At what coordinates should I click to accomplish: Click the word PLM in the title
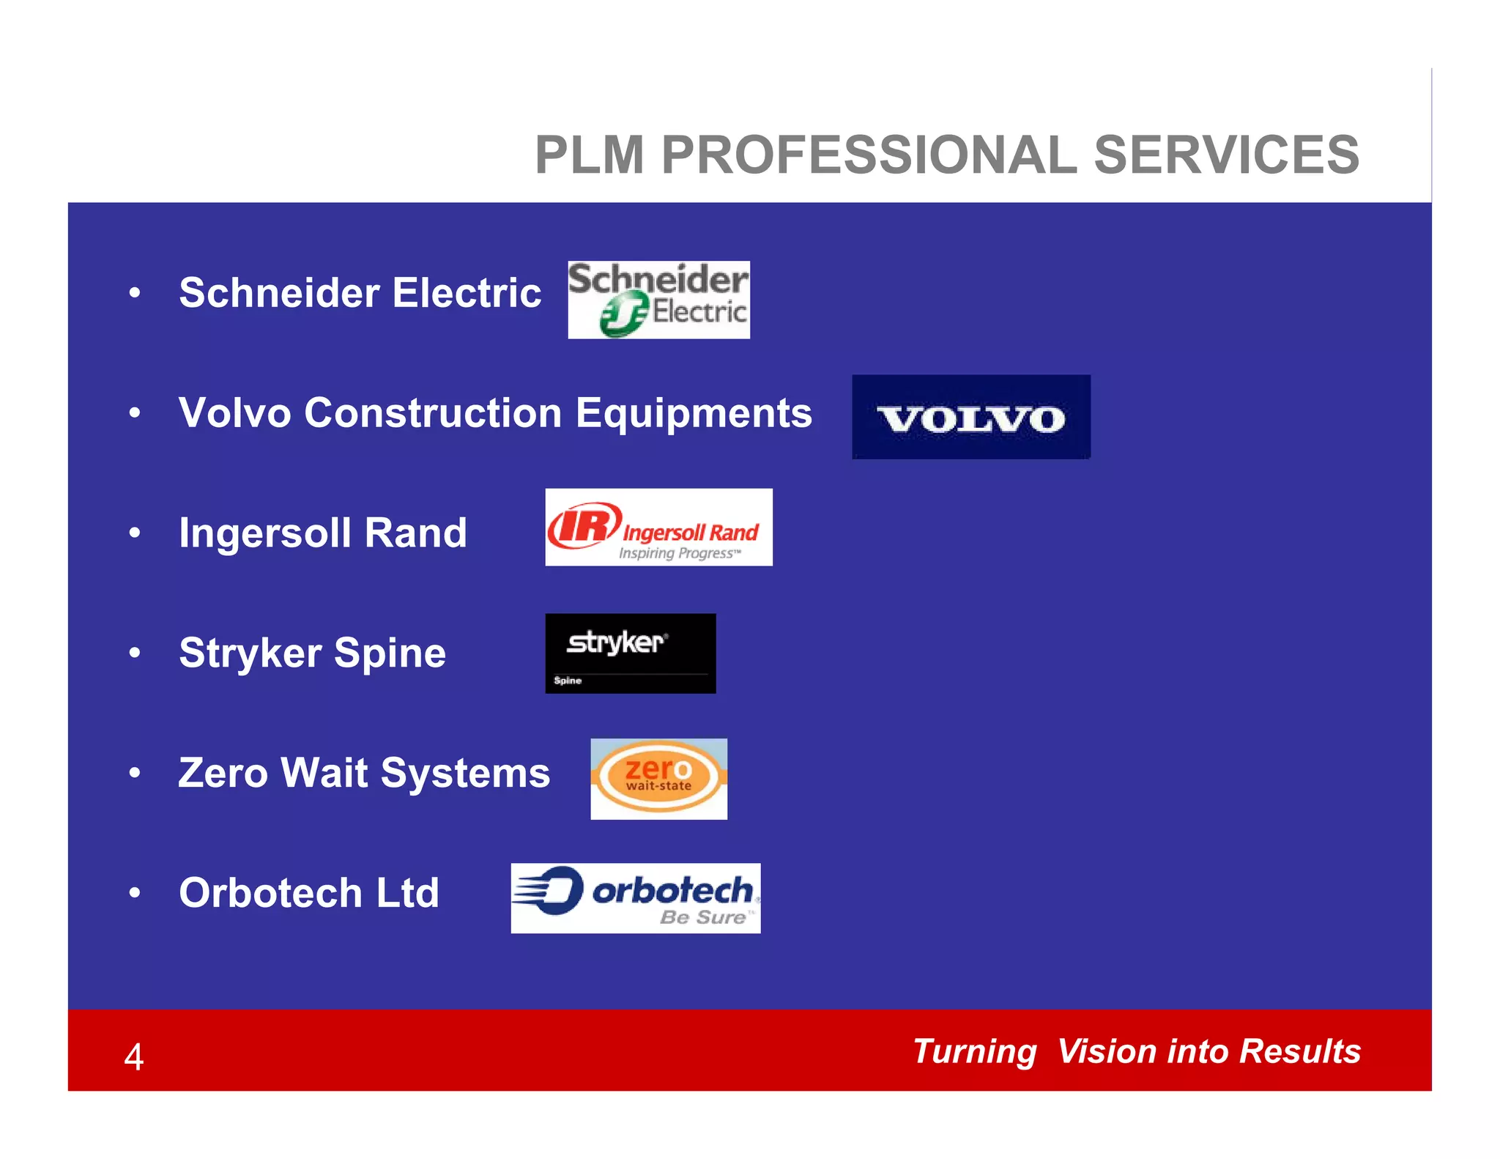tap(590, 155)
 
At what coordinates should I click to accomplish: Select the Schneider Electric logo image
tap(658, 300)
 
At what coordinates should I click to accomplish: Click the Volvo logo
tap(970, 417)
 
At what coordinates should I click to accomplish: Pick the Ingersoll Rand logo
tap(658, 527)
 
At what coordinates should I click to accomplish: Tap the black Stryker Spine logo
tap(630, 653)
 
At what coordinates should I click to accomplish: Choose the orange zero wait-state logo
tap(658, 779)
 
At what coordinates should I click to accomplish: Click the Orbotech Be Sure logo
tap(635, 898)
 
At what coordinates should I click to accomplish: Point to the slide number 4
tap(134, 1057)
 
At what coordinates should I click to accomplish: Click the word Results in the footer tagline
tap(1300, 1051)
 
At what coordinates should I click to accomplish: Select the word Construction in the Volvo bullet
tap(433, 413)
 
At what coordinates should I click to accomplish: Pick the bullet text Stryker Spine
tap(312, 653)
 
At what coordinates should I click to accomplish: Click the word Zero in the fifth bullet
tap(223, 773)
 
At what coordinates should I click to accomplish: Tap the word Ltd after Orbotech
tap(407, 893)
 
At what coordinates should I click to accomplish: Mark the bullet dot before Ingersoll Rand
tap(134, 533)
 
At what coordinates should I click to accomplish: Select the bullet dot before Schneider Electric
tap(134, 293)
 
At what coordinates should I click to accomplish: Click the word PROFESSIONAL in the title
tap(869, 155)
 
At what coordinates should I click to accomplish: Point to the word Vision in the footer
tap(1106, 1051)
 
